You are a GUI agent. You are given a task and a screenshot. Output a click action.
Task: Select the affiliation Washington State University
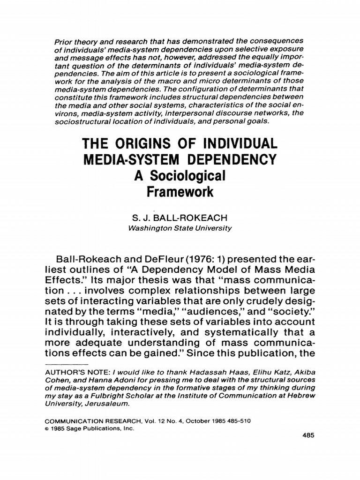[180, 228]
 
